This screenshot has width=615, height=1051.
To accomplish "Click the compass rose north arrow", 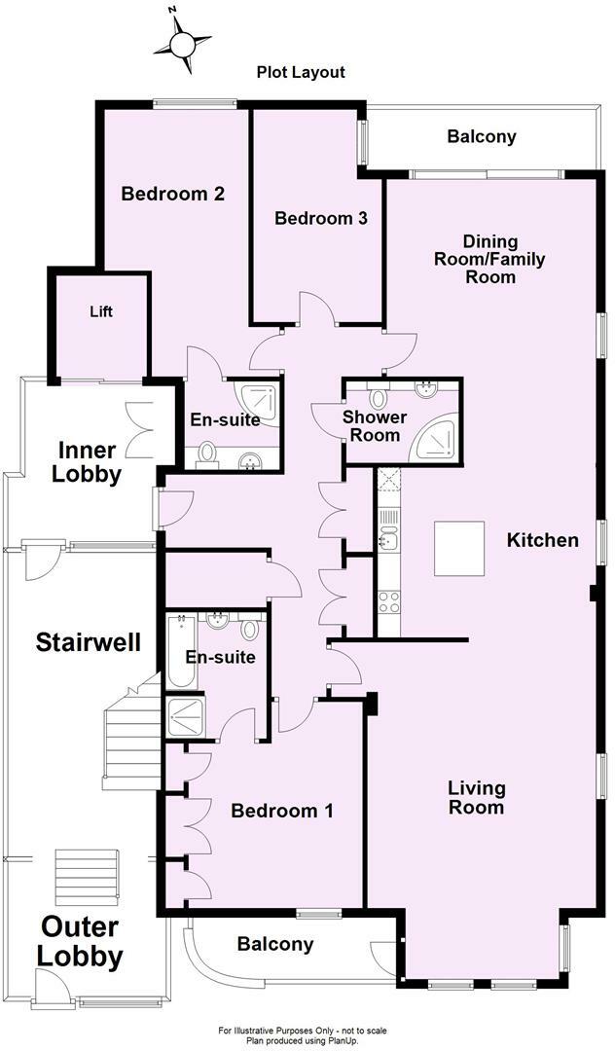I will point(183,42).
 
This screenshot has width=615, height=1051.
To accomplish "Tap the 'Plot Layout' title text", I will point(301,72).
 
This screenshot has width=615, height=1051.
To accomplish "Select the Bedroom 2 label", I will point(172,194).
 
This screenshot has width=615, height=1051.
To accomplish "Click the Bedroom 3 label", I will point(320,218).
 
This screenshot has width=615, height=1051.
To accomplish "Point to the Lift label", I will point(100,311).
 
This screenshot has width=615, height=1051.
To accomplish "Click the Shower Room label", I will point(375,426).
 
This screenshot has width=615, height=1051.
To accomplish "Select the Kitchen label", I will point(542,540).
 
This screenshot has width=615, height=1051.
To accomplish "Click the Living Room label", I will point(476,797).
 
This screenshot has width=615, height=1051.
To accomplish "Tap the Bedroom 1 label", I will point(282,810).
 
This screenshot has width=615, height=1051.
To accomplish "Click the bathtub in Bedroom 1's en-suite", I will point(182,650).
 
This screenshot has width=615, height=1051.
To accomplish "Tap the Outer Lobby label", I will point(80,941).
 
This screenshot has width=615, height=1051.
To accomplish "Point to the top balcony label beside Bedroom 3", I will point(482,136).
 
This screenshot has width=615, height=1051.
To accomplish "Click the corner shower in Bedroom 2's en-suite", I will point(258,400).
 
